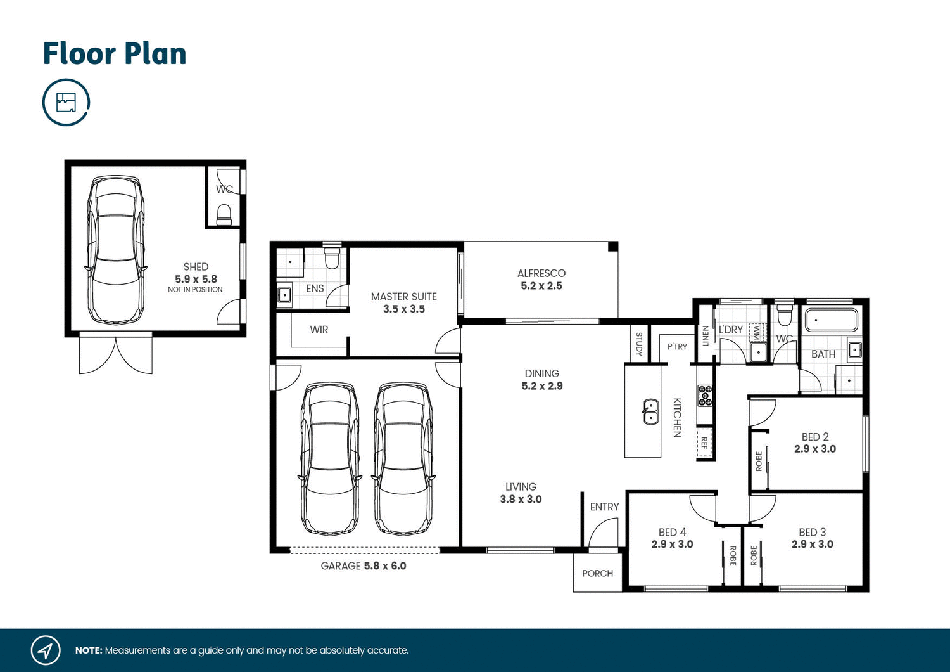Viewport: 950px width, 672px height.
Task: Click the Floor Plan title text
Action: point(115,54)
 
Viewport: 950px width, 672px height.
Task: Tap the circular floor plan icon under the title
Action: point(66,102)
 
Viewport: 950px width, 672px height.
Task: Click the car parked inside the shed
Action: point(115,250)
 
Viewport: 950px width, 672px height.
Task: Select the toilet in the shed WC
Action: point(224,214)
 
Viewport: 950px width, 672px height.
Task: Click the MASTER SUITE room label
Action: point(403,297)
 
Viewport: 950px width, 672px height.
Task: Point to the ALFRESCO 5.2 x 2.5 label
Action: point(541,280)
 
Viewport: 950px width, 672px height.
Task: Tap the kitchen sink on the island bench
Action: point(650,411)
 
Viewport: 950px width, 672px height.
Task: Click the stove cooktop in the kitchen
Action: point(705,396)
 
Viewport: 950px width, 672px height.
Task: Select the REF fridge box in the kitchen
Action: point(704,442)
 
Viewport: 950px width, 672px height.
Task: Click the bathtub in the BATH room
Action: point(831,320)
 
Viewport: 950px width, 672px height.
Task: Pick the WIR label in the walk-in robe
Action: point(319,330)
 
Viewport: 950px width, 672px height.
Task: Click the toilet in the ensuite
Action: point(332,257)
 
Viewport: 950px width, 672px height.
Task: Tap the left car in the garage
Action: point(329,458)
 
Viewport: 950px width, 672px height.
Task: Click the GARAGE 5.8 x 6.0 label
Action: point(364,566)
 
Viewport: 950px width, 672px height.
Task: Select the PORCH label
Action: point(597,574)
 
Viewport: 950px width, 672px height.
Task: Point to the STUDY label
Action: point(639,344)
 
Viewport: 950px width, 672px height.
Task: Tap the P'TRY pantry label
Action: point(677,347)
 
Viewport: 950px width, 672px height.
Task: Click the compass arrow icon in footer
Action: point(46,650)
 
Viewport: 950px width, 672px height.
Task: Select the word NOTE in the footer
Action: point(88,650)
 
